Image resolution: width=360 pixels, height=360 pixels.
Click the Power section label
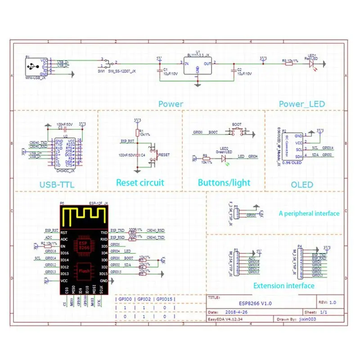171,104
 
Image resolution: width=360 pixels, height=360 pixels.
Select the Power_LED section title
302,104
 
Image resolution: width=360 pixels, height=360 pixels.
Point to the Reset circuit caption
140,183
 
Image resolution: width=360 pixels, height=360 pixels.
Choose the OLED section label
302,184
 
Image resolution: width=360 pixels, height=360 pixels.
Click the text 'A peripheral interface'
309,213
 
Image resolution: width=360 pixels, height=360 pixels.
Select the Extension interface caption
283,285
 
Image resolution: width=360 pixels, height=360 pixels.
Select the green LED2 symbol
224,156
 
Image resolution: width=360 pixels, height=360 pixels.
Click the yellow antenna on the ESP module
85,216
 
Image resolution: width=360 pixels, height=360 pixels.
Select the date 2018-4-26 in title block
236,311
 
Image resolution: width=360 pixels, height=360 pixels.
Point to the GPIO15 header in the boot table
165,299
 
